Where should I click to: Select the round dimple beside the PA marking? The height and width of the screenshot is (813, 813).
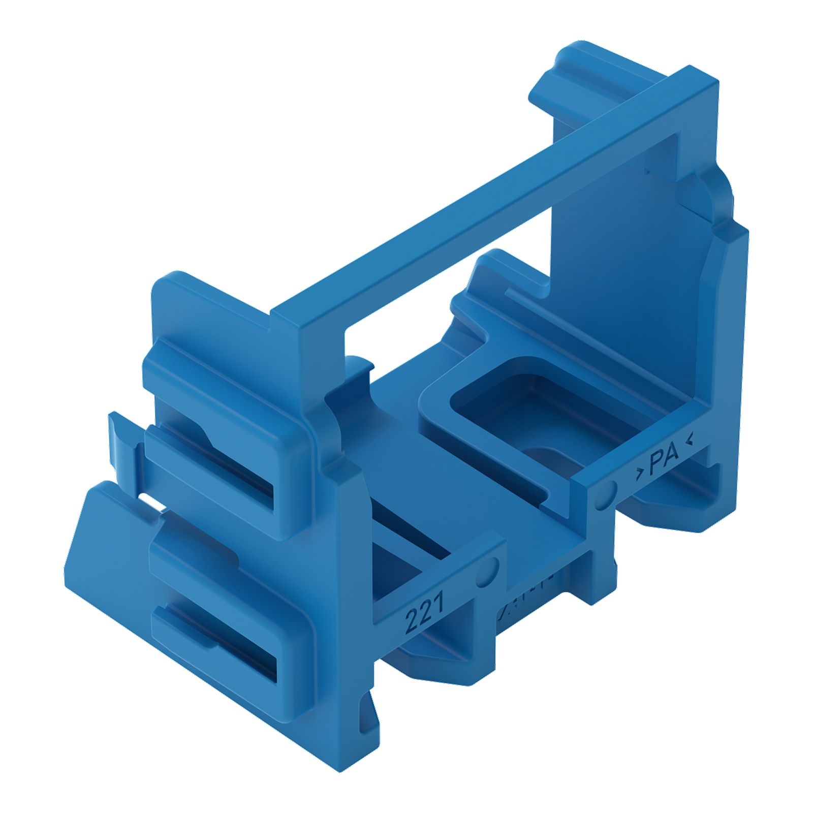606,493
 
